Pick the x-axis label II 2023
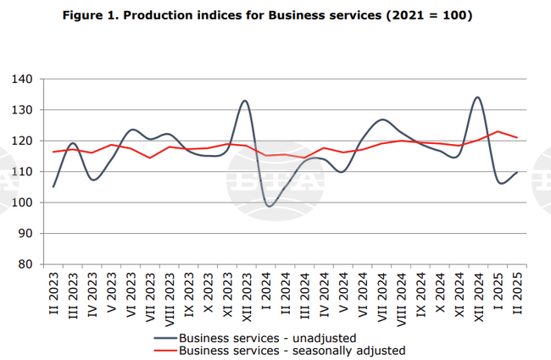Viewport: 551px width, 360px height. [x=53, y=294]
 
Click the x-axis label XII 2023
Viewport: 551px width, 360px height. [x=245, y=296]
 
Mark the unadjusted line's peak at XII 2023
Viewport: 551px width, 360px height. [x=245, y=101]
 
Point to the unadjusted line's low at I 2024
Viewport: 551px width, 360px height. [x=270, y=206]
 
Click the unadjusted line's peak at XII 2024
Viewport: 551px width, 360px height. [x=477, y=97]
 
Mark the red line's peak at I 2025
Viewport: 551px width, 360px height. [x=498, y=131]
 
